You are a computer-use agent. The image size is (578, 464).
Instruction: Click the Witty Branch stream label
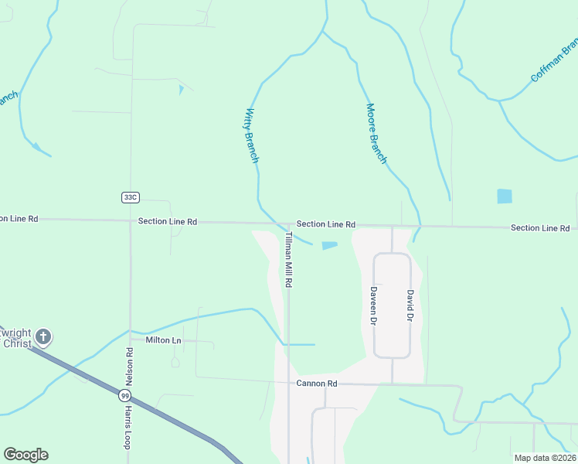[252, 135]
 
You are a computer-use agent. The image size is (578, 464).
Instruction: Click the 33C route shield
[130, 197]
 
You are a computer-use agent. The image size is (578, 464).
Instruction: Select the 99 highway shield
[125, 395]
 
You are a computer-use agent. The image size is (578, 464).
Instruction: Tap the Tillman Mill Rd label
[288, 260]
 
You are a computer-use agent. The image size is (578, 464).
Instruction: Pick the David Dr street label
[410, 306]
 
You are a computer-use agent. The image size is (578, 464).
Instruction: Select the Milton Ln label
[164, 340]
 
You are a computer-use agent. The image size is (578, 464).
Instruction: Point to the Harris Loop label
[127, 428]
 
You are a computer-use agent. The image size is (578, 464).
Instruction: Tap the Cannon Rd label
[317, 383]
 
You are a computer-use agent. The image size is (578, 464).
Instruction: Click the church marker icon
[43, 336]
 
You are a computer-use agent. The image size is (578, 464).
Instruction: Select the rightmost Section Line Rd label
[540, 227]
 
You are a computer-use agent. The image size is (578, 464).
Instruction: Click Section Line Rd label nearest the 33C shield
[168, 221]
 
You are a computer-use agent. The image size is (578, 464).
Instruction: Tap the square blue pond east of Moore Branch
[505, 196]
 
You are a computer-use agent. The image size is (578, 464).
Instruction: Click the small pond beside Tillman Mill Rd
[329, 246]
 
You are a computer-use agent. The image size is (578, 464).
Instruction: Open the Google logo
[25, 455]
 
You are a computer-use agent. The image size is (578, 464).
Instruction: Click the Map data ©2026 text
[545, 458]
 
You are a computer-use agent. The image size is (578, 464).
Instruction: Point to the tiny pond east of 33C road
[181, 90]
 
